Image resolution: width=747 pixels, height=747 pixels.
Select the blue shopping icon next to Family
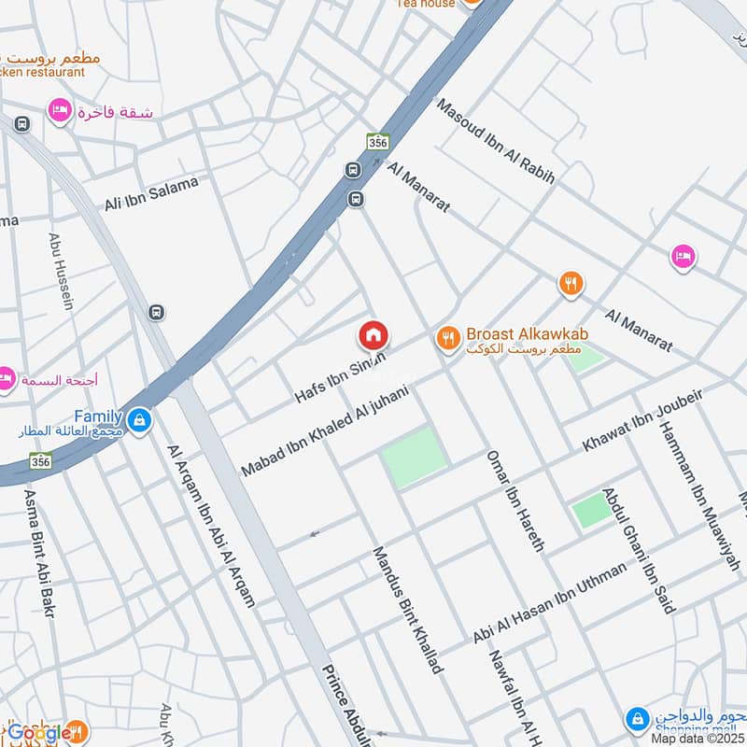(139, 421)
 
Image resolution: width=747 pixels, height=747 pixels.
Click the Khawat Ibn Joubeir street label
(642, 421)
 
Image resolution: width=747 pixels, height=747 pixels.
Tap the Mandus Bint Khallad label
(407, 610)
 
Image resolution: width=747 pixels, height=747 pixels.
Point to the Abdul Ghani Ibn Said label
(639, 550)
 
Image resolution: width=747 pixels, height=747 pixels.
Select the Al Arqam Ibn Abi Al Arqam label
(211, 526)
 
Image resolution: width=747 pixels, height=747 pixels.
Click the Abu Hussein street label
(62, 271)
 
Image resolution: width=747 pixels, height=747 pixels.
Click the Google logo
(39, 734)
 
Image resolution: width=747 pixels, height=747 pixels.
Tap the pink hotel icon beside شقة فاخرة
(60, 111)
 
